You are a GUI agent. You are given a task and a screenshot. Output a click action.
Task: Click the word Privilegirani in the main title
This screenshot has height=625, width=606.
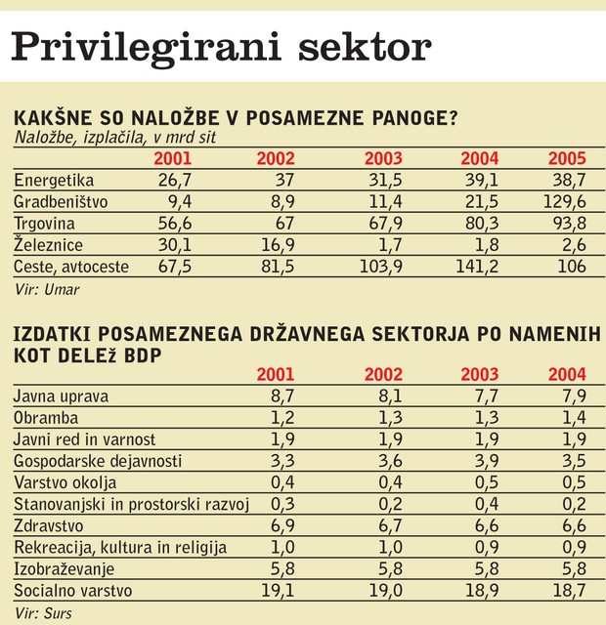coord(146,49)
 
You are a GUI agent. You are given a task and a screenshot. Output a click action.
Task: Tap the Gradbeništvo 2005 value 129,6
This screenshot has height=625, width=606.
coord(565,202)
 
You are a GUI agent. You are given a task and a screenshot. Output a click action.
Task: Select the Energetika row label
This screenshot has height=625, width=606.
coord(54,181)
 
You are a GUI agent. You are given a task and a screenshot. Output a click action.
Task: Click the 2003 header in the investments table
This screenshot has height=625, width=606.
coord(383,158)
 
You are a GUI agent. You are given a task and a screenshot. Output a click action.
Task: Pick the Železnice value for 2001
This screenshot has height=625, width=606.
coord(175,245)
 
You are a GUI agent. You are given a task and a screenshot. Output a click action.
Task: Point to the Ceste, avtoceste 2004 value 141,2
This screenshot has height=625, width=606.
coord(477,267)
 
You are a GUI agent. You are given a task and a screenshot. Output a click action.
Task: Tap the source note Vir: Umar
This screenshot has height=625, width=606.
coord(47,289)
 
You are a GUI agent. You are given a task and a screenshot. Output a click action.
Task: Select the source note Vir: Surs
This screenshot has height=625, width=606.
coord(43,613)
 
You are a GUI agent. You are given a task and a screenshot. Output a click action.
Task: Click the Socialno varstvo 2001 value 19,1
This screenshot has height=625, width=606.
coord(278,590)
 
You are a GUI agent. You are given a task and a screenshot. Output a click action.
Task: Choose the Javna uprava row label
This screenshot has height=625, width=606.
coord(61,396)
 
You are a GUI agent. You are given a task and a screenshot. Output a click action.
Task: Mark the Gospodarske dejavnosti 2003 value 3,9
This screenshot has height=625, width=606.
coord(487,461)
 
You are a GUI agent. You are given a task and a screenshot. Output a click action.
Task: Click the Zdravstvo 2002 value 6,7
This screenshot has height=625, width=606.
coord(390,525)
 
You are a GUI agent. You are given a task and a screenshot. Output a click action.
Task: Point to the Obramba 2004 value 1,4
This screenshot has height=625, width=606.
coord(574,418)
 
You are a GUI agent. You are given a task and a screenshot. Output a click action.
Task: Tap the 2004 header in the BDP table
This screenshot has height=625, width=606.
coord(567,375)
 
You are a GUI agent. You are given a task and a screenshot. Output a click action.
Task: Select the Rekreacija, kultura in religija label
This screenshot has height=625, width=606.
coord(120,548)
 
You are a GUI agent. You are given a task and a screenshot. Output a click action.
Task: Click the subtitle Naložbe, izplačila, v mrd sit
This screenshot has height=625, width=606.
coord(115,138)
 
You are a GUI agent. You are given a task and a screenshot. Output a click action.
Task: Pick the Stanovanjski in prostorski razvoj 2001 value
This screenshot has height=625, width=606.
coord(282,504)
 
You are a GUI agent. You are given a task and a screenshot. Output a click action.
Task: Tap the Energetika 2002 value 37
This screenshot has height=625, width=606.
coord(284,180)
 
